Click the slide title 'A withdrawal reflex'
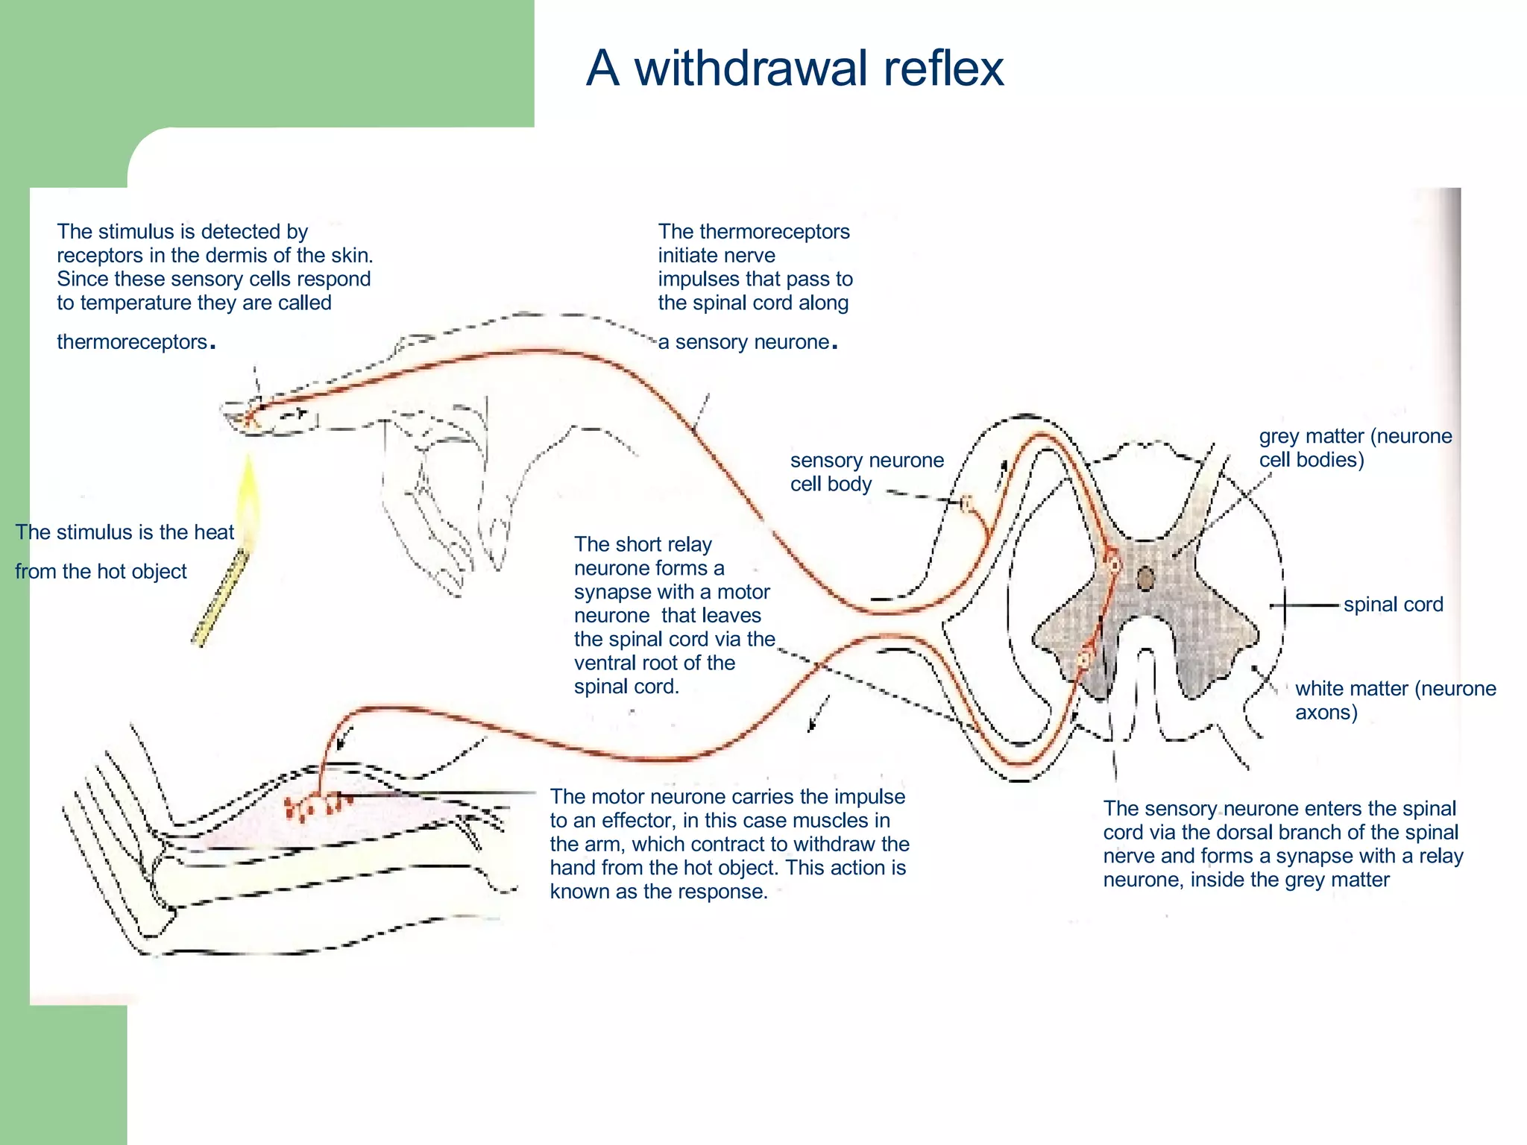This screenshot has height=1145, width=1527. pyautogui.click(x=794, y=68)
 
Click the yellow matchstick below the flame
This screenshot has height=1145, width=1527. pyautogui.click(x=221, y=596)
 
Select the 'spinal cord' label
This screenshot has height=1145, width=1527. pyautogui.click(x=1393, y=605)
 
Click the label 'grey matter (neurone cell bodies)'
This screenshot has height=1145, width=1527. pyautogui.click(x=1355, y=447)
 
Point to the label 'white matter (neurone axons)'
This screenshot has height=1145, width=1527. pyautogui.click(x=1394, y=700)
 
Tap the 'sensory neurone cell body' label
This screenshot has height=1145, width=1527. pyautogui.click(x=866, y=472)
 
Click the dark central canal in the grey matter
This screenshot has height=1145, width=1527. pyautogui.click(x=1145, y=578)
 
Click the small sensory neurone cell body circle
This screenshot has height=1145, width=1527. pyautogui.click(x=966, y=504)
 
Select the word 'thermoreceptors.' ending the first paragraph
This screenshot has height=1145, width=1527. pyautogui.click(x=136, y=342)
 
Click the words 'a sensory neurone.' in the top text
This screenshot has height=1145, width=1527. pyautogui.click(x=747, y=342)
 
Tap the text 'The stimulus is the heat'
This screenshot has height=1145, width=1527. pyautogui.click(x=125, y=532)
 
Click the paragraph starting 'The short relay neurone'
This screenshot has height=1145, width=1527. pyautogui.click(x=673, y=615)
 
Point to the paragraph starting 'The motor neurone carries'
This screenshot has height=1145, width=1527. pyautogui.click(x=728, y=844)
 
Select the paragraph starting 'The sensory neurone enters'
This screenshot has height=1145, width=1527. pyautogui.click(x=1282, y=844)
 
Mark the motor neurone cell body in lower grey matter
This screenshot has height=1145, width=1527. pyautogui.click(x=1084, y=659)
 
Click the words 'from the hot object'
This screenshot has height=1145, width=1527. pyautogui.click(x=101, y=572)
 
